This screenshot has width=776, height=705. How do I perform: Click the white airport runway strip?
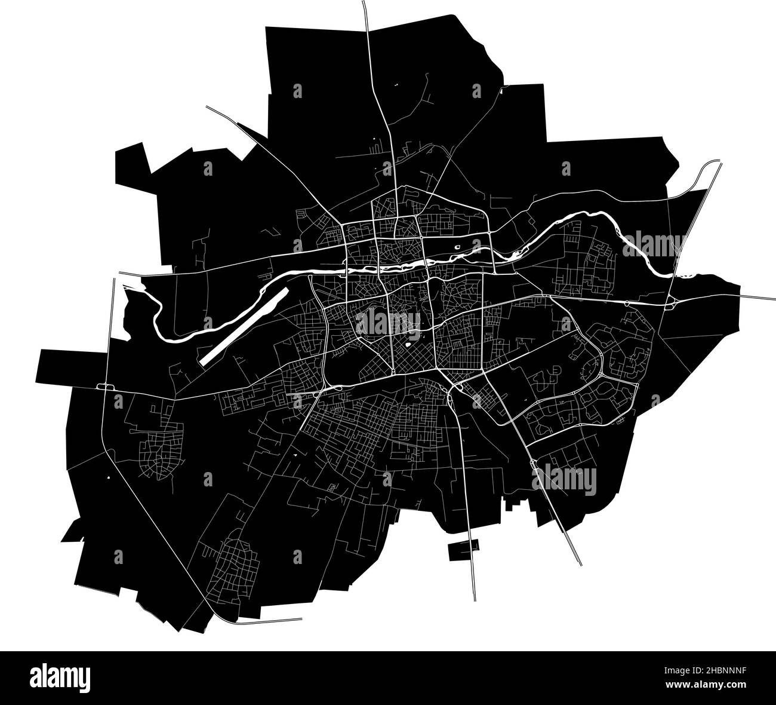click(244, 327)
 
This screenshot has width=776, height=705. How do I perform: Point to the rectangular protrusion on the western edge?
click(54, 366)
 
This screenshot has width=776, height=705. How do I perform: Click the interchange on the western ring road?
click(106, 387)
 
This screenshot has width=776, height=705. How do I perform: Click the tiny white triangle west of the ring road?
click(108, 477)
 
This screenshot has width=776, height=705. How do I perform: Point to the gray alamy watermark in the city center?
click(388, 323)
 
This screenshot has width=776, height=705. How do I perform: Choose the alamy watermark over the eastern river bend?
click(654, 244)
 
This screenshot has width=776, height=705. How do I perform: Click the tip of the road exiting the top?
click(364, 3)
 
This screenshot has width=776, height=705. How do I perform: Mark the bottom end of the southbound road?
click(475, 599)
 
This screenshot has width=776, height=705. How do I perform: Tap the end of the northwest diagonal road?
click(208, 107)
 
